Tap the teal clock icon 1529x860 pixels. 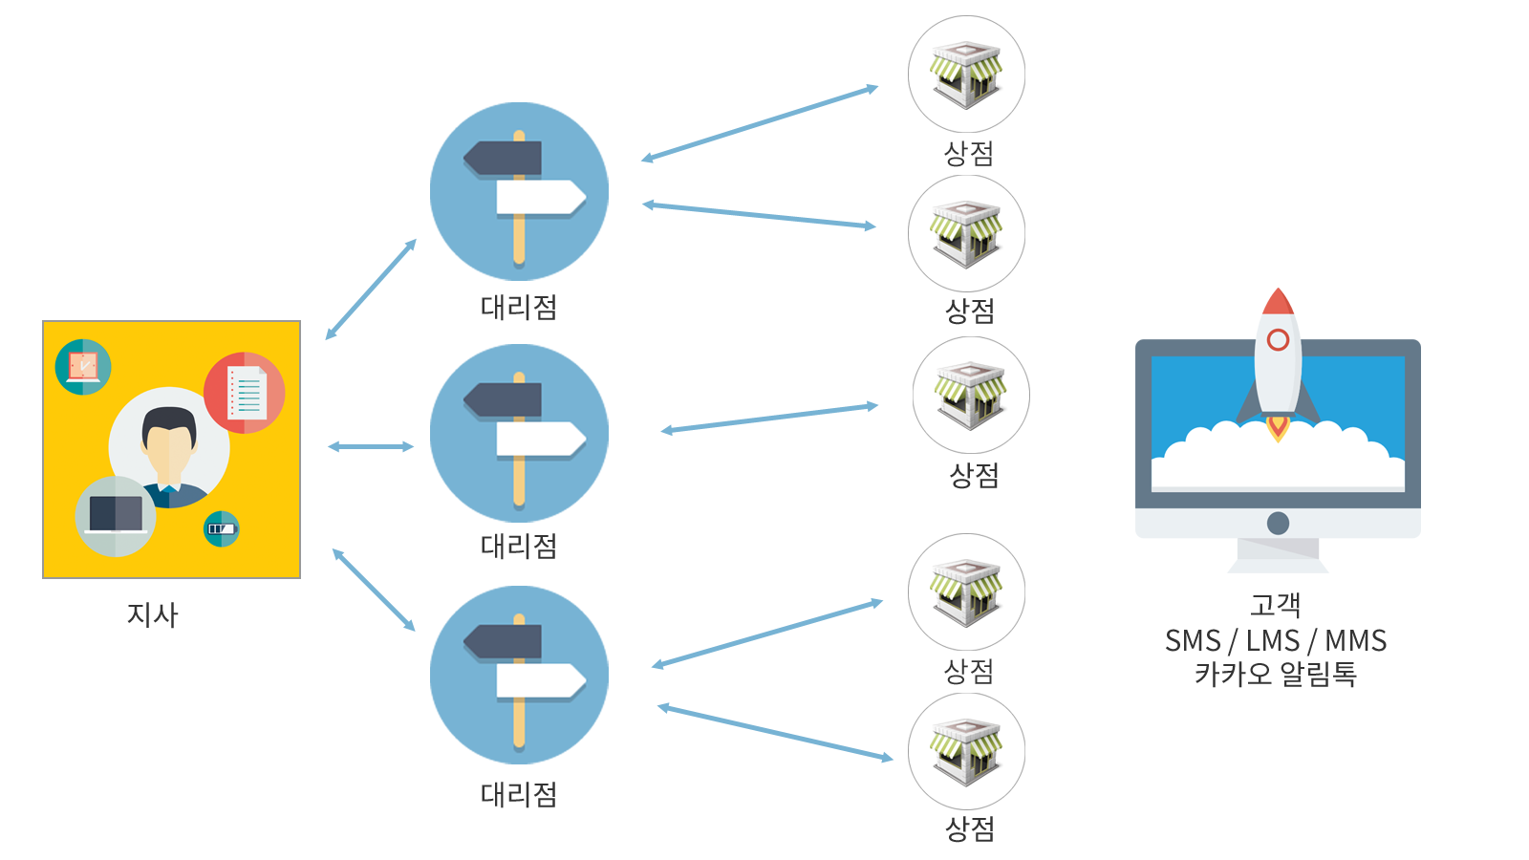83,367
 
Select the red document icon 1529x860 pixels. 245,393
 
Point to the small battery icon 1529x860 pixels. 222,528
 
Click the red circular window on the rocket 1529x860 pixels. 1278,340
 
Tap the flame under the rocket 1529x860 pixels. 1278,426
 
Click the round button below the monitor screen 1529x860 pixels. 1278,523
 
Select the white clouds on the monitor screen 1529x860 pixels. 1278,459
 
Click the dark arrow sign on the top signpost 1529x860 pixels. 504,159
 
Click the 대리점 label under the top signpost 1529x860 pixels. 518,307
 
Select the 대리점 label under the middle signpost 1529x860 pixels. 518,546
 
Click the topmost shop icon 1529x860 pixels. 966,75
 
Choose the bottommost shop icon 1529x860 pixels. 966,752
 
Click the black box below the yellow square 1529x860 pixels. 153,615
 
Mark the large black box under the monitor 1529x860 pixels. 1276,639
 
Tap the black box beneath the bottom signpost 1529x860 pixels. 518,795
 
